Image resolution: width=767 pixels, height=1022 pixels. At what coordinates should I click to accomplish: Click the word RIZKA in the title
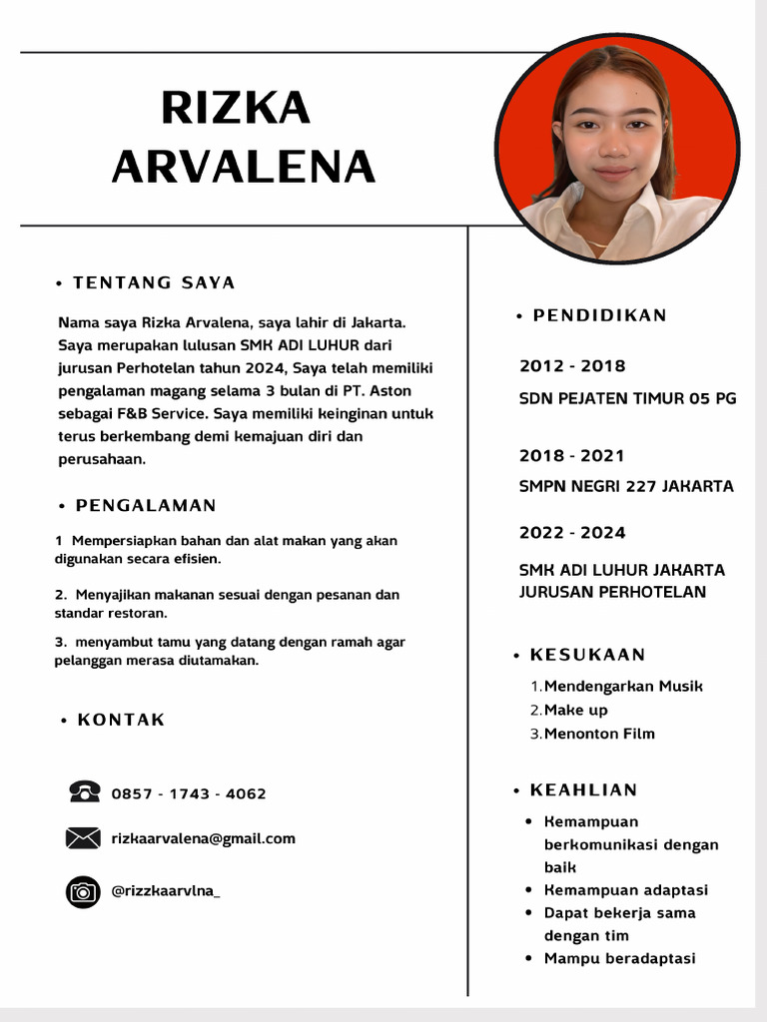[x=236, y=108]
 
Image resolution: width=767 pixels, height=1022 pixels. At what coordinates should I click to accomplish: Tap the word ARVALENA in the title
[x=244, y=167]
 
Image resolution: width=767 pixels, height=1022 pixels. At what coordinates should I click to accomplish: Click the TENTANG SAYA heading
[x=154, y=282]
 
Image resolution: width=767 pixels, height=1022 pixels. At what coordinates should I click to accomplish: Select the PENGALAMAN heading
[x=146, y=505]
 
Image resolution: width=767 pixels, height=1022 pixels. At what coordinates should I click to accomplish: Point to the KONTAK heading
[x=121, y=720]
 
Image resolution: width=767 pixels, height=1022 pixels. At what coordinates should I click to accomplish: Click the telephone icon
[x=84, y=792]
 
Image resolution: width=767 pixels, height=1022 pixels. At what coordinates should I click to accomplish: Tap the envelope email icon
[x=83, y=838]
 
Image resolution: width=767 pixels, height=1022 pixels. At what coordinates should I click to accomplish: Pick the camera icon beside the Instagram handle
[x=83, y=891]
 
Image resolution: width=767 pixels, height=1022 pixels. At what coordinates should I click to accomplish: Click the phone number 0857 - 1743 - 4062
[x=189, y=794]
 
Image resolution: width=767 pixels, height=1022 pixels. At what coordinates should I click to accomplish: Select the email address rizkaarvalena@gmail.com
[x=204, y=838]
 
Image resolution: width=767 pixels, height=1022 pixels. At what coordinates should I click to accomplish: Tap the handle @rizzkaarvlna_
[x=166, y=891]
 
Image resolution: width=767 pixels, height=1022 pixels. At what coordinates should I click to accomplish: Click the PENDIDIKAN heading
[x=599, y=315]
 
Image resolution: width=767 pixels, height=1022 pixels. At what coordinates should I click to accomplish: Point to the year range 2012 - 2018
[x=572, y=366]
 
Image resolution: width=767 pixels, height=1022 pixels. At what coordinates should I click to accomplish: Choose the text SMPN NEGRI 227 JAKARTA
[x=626, y=487]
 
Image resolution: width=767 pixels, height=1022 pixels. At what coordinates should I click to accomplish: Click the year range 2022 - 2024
[x=572, y=533]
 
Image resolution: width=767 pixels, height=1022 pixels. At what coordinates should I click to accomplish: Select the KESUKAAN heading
[x=587, y=655]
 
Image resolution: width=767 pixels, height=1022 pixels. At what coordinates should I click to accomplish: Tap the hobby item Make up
[x=575, y=710]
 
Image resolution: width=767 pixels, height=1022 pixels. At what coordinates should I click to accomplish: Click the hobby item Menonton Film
[x=599, y=734]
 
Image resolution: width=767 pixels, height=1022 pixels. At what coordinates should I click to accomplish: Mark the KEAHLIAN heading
[x=583, y=789]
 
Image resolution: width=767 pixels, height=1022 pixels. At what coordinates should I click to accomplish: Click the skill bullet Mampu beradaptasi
[x=619, y=958]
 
